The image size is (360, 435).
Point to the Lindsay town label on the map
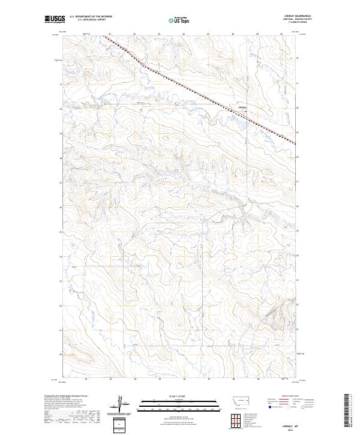coord(242,108)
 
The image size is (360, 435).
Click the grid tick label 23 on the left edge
coord(60,280)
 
